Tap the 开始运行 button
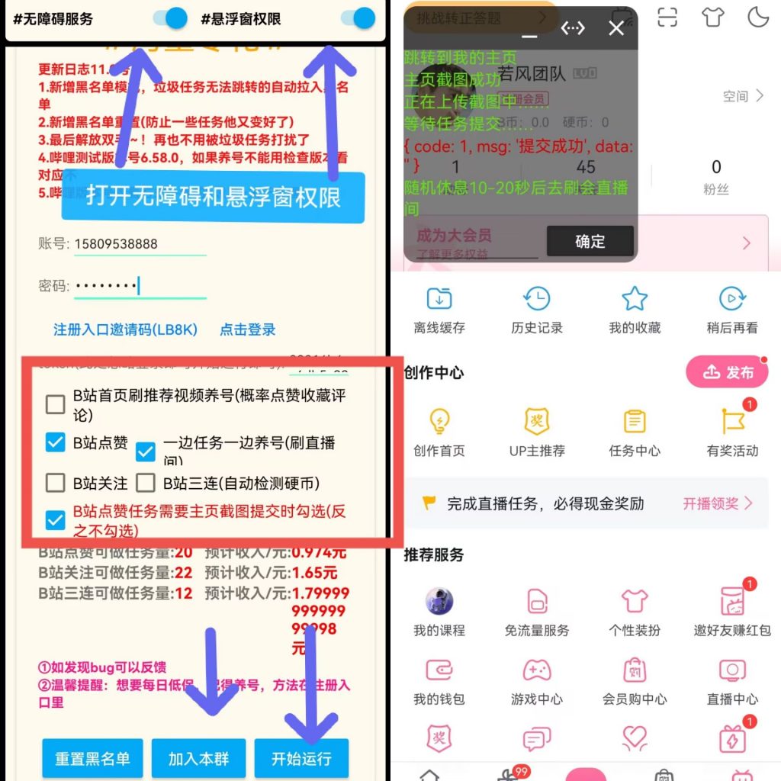coord(301,758)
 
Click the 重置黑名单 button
coord(92,758)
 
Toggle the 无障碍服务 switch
coord(170,18)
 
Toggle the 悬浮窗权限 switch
coord(358,18)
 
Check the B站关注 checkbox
coord(55,483)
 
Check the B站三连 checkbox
coord(146,483)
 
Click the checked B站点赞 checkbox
coord(55,442)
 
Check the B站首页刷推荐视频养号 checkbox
coord(55,404)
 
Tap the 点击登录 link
coord(248,329)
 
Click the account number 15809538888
coord(116,244)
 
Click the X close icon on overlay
coord(616,29)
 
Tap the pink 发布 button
coord(727,372)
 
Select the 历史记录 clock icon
coord(537,299)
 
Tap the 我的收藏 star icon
coord(635,299)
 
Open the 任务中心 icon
coord(635,422)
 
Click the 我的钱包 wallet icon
coord(439,670)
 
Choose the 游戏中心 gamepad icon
coord(537,670)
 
